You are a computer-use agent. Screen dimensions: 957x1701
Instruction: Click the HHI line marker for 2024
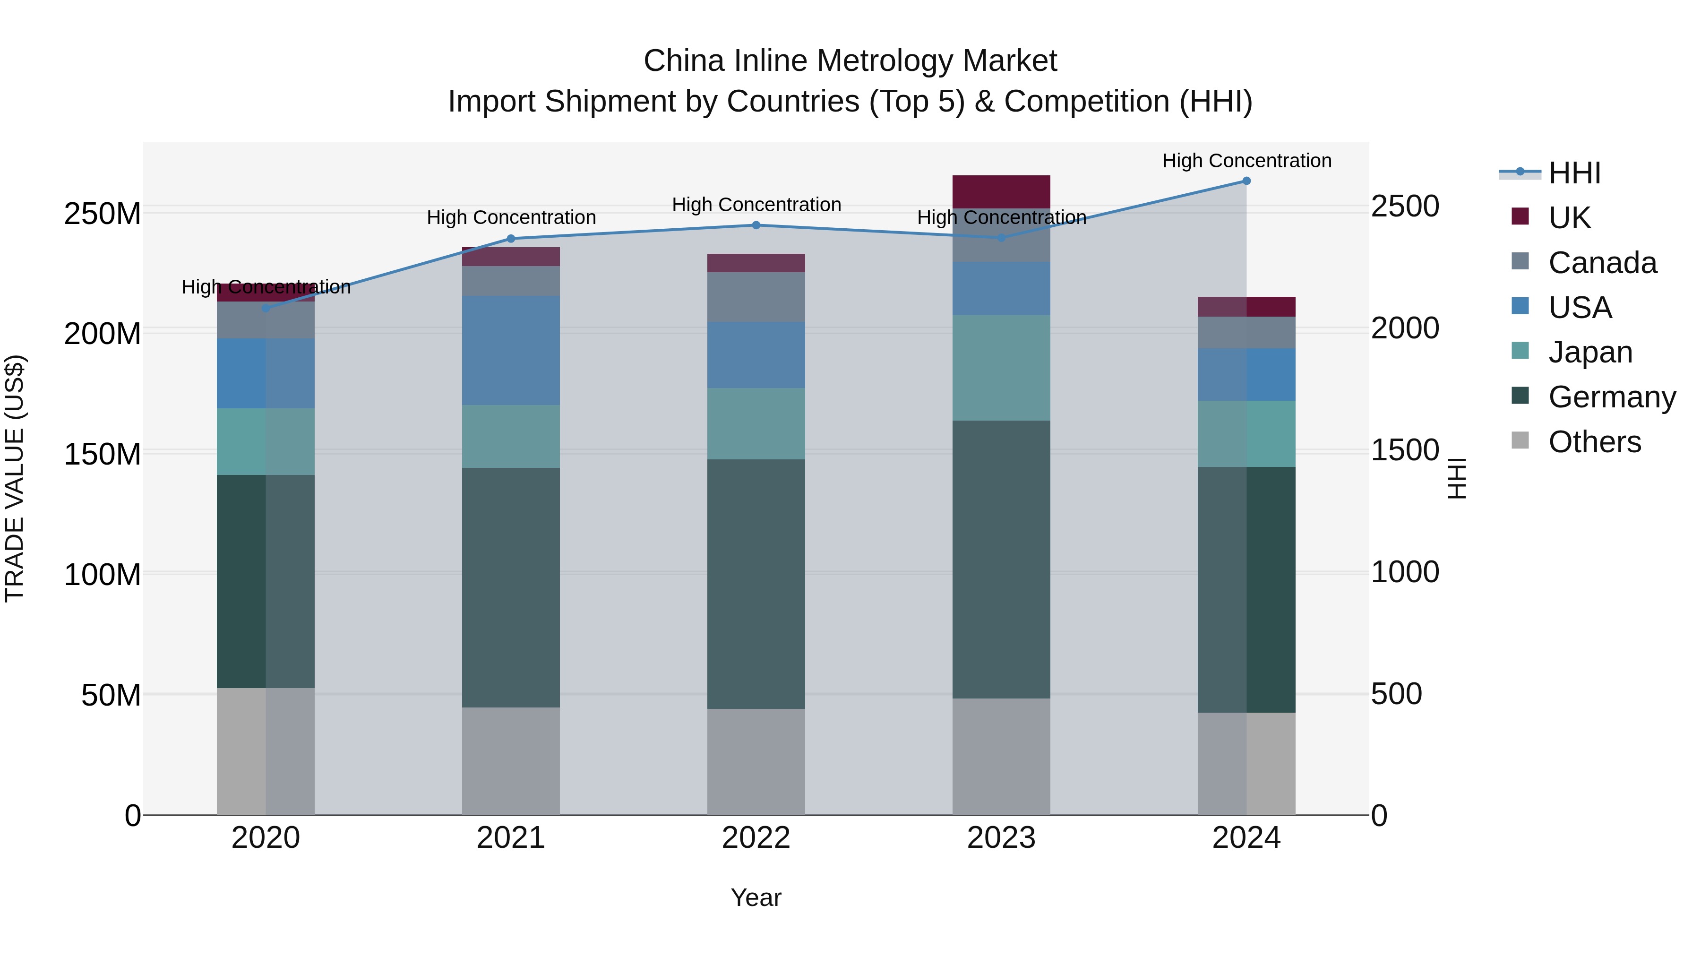(x=1246, y=181)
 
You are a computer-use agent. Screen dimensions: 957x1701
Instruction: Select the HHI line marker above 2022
(x=756, y=225)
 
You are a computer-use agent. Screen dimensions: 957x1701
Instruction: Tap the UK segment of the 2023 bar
(x=1001, y=191)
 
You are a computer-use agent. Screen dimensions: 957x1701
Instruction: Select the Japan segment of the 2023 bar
(x=1001, y=368)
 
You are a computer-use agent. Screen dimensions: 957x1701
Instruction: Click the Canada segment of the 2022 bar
(x=756, y=297)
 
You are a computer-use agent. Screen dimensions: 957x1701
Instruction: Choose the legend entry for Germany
(x=1612, y=397)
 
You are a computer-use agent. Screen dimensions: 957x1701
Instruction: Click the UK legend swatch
(x=1520, y=216)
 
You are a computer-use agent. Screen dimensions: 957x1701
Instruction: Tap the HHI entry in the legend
(x=1574, y=173)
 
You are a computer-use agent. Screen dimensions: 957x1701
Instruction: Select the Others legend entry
(x=1594, y=442)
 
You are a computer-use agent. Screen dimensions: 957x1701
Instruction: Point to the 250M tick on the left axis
(x=103, y=214)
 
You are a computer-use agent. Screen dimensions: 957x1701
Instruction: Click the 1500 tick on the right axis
(x=1405, y=450)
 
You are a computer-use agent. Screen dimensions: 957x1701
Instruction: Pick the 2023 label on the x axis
(x=1001, y=838)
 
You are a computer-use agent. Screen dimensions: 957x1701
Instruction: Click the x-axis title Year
(x=756, y=897)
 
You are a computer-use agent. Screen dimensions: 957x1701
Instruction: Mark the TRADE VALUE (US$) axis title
(x=15, y=478)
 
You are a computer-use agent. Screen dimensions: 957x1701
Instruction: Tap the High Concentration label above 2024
(x=1246, y=161)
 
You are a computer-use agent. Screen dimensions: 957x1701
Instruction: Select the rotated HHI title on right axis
(x=1457, y=478)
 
